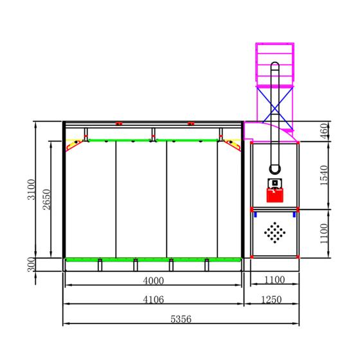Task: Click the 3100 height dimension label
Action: click(32, 190)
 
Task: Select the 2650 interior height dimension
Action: click(46, 199)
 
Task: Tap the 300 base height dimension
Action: click(32, 264)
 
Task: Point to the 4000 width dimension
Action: click(154, 281)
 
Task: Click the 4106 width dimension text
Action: click(154, 300)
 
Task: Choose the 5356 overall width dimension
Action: click(181, 319)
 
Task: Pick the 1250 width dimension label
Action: click(271, 300)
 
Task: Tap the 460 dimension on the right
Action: click(325, 131)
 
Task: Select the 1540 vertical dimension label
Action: click(325, 175)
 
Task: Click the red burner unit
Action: click(275, 195)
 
